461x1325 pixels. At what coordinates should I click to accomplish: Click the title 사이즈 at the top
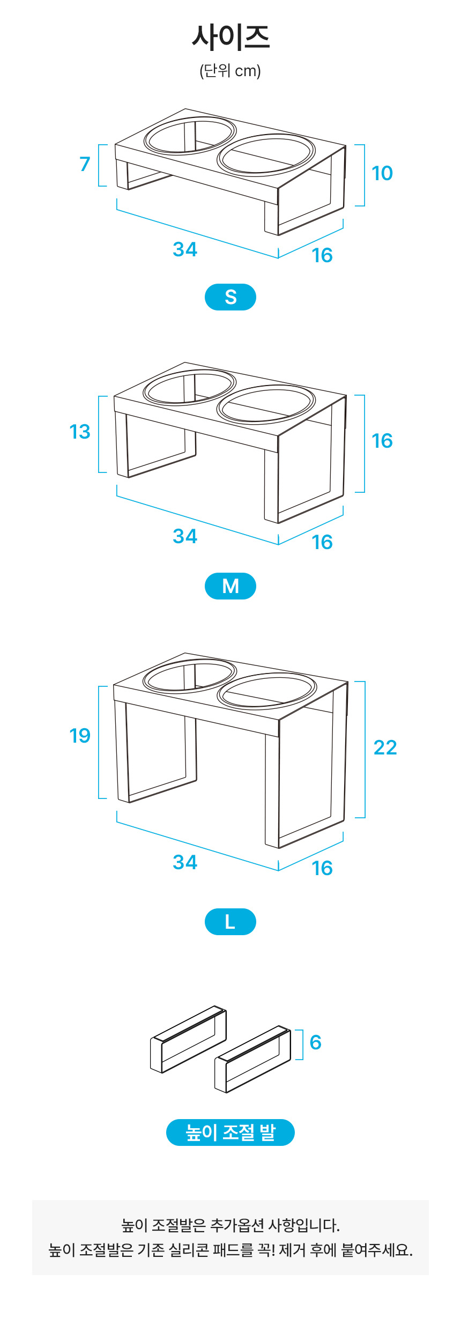pos(230,37)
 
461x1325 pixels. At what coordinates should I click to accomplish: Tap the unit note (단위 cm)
pos(230,71)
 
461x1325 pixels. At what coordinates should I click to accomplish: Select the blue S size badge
pos(230,297)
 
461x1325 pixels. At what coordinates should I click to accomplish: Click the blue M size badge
pos(230,586)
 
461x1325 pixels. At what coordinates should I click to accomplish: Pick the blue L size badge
pos(230,922)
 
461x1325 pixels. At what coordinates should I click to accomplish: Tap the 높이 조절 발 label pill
pos(230,1132)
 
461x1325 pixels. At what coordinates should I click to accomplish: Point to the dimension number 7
pos(85,164)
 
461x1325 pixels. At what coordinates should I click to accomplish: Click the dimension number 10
pos(382,173)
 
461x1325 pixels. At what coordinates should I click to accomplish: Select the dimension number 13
pos(80,432)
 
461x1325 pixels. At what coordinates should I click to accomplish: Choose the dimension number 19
pos(80,736)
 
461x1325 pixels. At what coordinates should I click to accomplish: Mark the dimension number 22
pos(385,747)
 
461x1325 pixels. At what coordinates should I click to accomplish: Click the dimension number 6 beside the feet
pos(316,1042)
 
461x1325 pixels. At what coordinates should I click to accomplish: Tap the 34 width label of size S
pos(185,249)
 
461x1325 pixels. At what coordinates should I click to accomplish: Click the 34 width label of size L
pos(185,862)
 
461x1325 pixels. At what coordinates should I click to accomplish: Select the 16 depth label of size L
pos(322,868)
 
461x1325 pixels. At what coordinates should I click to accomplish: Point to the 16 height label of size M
pos(382,441)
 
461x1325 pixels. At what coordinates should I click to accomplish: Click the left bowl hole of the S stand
pos(190,135)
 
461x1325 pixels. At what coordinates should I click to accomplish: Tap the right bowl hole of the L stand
pos(266,691)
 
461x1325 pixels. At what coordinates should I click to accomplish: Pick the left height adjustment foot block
pos(188,1040)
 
